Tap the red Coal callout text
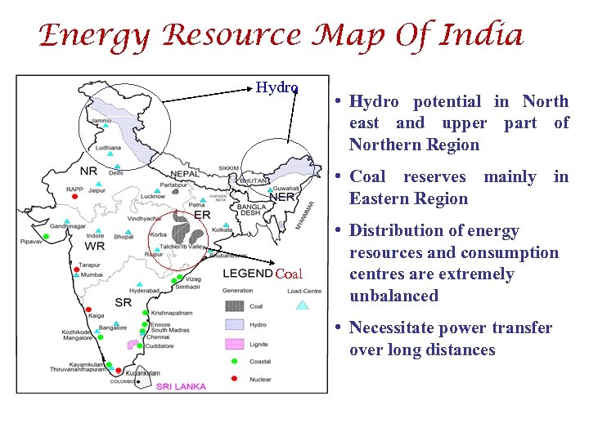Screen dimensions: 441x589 click(289, 274)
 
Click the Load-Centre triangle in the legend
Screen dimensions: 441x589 click(302, 305)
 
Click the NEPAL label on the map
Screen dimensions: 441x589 click(186, 174)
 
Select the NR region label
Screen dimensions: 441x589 click(89, 171)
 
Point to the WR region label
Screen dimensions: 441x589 click(95, 246)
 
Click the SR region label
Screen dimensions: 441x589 click(123, 302)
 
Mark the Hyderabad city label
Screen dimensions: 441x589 click(144, 291)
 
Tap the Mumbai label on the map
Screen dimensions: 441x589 click(92, 275)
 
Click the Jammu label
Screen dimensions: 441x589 click(102, 120)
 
